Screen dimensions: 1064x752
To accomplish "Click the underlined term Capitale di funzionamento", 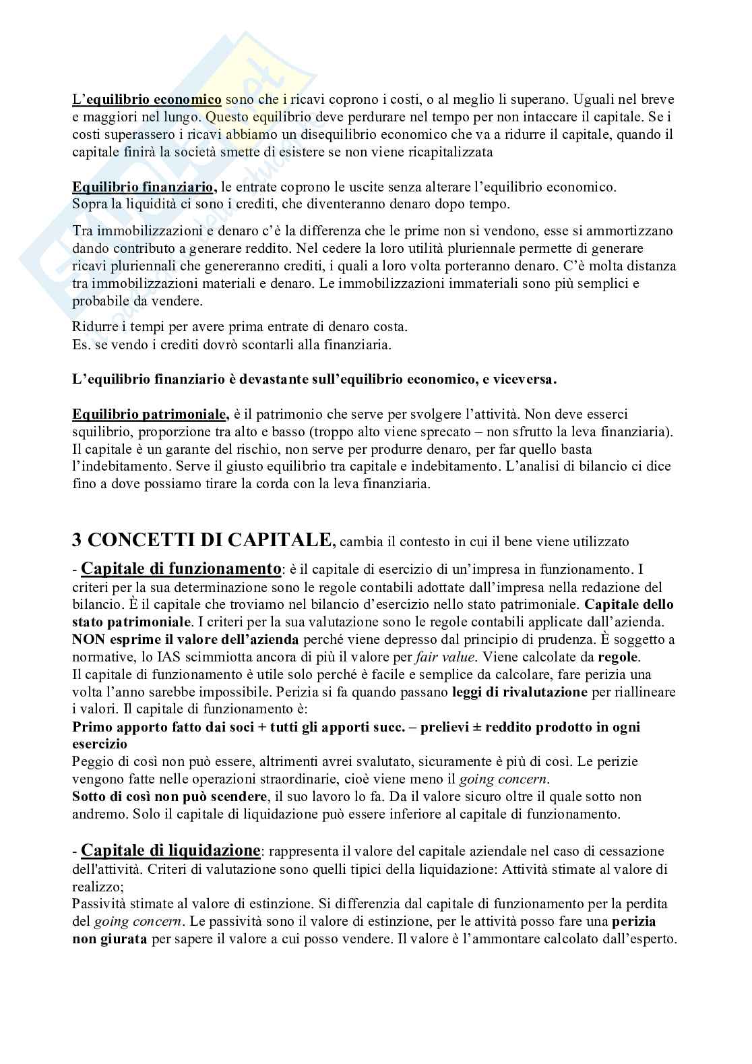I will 181,568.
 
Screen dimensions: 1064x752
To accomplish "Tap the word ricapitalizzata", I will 450,152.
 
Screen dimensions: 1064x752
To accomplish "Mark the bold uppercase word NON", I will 87,639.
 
